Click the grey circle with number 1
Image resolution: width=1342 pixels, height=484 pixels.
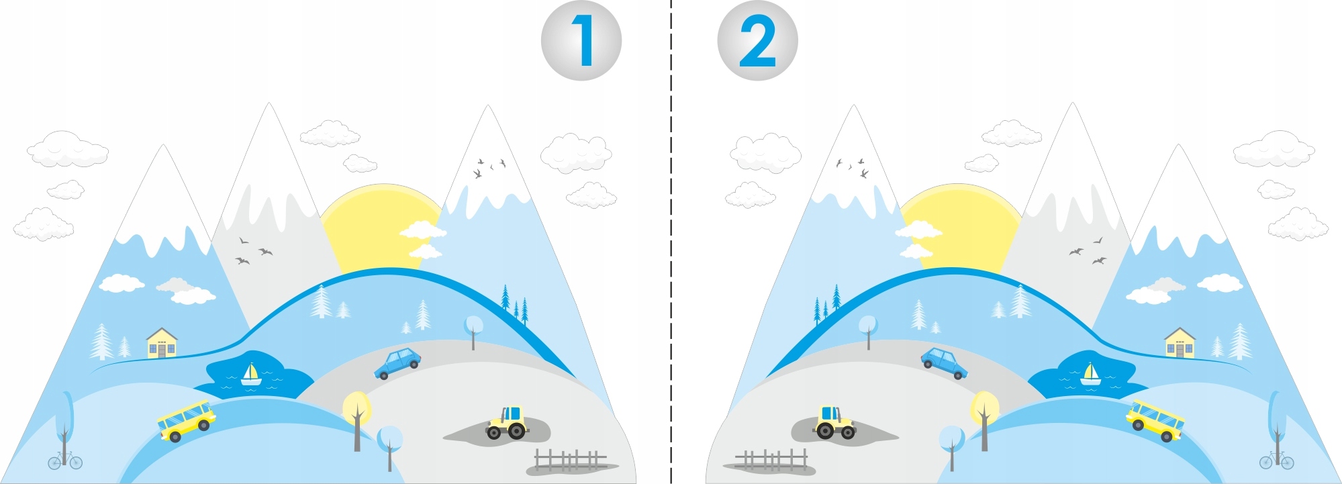point(581,41)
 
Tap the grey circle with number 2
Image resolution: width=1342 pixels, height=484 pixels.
point(757,41)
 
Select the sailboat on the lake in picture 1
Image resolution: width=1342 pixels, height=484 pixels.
point(251,375)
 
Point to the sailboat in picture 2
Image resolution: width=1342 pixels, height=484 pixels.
point(1090,375)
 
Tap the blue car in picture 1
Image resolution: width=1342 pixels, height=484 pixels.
point(397,363)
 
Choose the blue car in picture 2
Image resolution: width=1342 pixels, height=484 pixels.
point(944,363)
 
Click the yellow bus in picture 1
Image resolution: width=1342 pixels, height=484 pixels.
point(187,420)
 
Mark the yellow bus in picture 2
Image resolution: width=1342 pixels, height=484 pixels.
point(1155,420)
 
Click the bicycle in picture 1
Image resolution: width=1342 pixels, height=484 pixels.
point(65,461)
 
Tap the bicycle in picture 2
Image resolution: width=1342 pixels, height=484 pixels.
point(1276,461)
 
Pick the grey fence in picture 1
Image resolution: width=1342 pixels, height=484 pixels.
point(571,460)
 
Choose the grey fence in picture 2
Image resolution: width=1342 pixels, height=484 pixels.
point(771,460)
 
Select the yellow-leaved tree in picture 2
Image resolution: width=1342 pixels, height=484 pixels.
point(984,409)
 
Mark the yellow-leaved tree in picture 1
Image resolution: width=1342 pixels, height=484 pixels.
point(356,409)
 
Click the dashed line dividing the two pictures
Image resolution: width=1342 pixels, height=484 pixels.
point(671,269)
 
